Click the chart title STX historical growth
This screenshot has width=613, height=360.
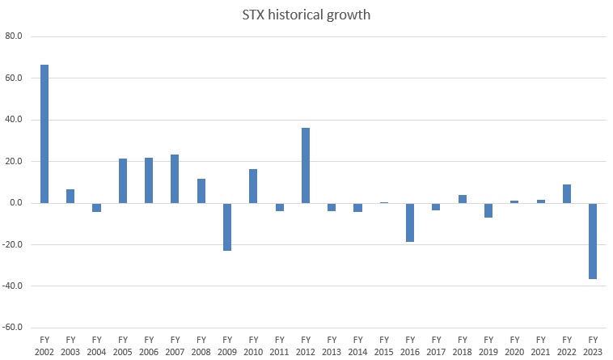click(x=306, y=14)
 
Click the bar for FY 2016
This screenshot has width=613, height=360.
click(x=410, y=222)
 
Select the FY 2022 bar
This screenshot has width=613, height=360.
click(x=567, y=194)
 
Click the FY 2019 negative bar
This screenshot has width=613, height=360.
click(x=488, y=210)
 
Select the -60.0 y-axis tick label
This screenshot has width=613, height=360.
click(x=15, y=328)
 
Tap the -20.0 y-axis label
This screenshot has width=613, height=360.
click(x=15, y=244)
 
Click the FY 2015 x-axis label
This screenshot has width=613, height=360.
click(x=384, y=346)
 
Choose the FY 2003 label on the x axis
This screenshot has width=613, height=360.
click(x=70, y=346)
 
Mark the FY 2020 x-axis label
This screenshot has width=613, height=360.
click(x=514, y=346)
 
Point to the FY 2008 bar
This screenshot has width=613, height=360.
click(x=201, y=191)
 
